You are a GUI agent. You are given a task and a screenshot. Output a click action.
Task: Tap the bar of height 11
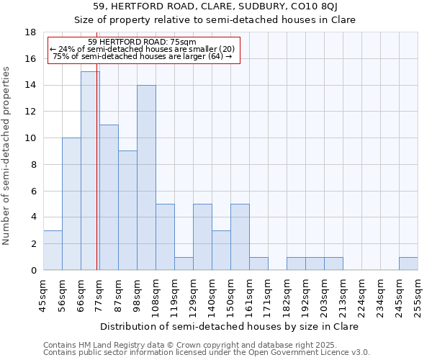[x=109, y=197]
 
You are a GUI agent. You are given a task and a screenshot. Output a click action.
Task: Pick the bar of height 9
[x=127, y=210]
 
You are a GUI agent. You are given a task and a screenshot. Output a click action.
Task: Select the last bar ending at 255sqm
[x=408, y=264]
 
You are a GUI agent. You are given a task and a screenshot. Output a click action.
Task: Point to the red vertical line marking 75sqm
[x=96, y=180]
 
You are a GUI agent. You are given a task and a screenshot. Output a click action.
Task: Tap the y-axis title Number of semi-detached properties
[x=8, y=156]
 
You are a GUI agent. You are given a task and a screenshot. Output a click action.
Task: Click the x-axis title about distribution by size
[x=229, y=326]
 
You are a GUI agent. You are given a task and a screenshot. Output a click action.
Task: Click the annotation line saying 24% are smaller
[x=143, y=49]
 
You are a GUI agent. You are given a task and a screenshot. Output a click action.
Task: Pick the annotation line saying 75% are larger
[x=143, y=56]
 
